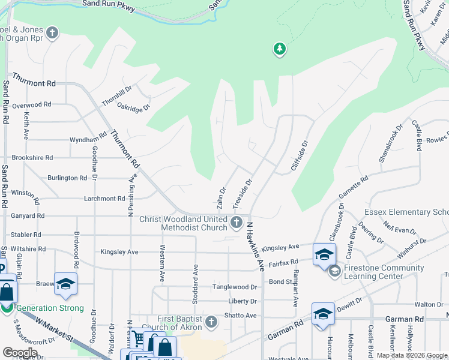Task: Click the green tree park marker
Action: pos(279,49)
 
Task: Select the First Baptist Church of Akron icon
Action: pos(210,322)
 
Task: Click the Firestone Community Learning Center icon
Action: pos(334,271)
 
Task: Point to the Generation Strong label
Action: pos(50,308)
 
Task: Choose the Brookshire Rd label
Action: pos(32,158)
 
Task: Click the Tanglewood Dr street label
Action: pos(234,287)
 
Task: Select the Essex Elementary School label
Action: pos(406,212)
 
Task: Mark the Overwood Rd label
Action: pos(31,104)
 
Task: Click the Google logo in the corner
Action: pos(20,353)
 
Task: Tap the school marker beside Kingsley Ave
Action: pos(324,254)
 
